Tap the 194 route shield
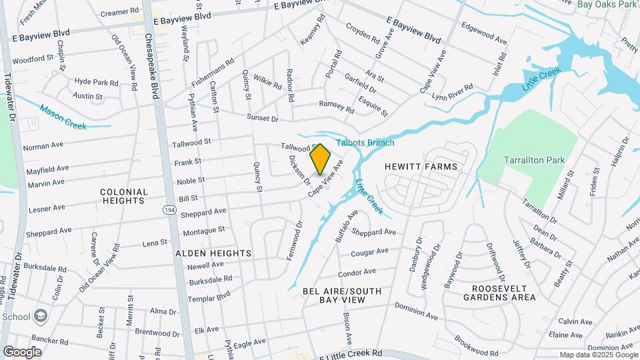point(170,209)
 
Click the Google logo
point(22,351)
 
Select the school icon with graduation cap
point(41,315)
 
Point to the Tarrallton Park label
point(534,160)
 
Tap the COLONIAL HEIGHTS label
point(123,196)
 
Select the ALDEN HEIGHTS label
point(213,253)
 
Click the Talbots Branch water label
point(365,143)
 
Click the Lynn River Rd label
point(452,92)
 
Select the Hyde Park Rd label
point(96,82)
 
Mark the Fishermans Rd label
point(213,74)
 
